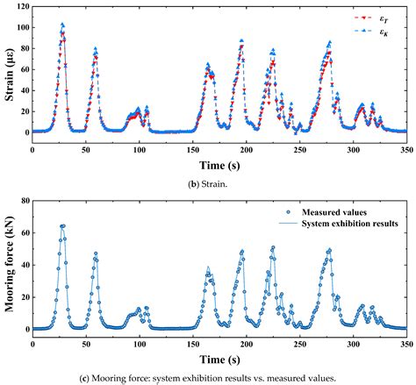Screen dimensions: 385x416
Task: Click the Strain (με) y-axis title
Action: click(x=8, y=68)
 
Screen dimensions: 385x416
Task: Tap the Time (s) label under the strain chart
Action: click(x=219, y=163)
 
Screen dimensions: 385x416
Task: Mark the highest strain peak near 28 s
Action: click(x=62, y=25)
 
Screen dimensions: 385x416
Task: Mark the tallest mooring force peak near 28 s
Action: click(x=62, y=225)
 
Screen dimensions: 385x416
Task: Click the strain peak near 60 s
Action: click(x=96, y=49)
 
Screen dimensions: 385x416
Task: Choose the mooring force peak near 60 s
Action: click(x=96, y=254)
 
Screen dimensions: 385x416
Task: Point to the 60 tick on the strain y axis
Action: click(x=23, y=69)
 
